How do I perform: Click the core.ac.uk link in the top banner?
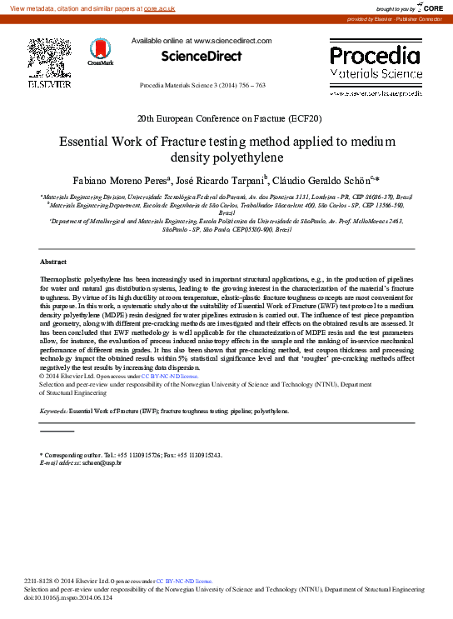click(159, 7)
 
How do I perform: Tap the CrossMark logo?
click(100, 52)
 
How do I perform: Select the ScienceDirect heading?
click(202, 57)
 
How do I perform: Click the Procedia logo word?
click(375, 56)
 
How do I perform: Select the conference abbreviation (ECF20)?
click(301, 119)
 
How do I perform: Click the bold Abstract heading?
click(53, 262)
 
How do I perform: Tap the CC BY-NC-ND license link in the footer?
click(190, 581)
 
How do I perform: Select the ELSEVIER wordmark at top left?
click(49, 84)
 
